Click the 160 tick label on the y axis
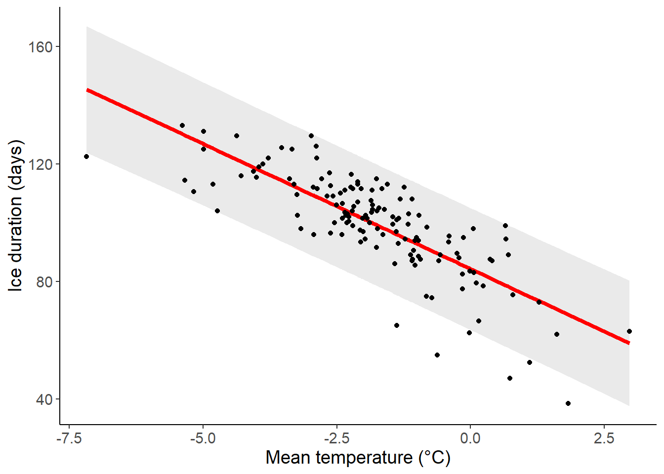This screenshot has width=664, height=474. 41,47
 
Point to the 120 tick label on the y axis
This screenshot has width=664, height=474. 41,164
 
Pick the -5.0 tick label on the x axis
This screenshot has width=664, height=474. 203,438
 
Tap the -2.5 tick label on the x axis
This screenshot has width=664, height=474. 336,438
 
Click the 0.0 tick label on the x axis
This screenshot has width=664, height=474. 470,438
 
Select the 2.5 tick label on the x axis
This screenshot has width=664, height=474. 604,438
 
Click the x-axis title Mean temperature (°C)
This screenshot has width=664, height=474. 358,458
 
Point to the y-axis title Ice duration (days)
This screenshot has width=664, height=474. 16,215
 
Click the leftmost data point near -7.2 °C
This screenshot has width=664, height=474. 86,157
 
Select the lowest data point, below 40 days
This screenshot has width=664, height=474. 568,403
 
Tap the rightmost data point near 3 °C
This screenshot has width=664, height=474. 629,331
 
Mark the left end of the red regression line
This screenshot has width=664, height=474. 87,90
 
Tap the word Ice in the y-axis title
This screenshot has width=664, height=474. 16,279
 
